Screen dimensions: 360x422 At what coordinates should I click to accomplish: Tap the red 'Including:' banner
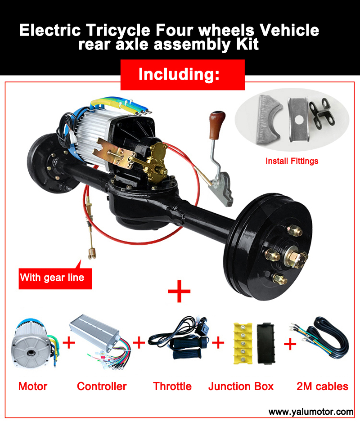pyautogui.click(x=183, y=75)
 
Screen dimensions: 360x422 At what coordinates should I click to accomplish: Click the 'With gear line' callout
pyautogui.click(x=55, y=278)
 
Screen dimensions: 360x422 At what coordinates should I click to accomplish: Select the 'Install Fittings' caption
pyautogui.click(x=292, y=161)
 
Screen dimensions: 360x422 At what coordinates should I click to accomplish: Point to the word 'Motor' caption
pyautogui.click(x=32, y=386)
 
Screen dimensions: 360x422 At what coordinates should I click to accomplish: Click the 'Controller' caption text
pyautogui.click(x=102, y=386)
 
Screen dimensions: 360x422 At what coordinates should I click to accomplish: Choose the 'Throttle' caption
pyautogui.click(x=172, y=386)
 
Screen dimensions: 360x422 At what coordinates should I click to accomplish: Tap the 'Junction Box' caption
pyautogui.click(x=241, y=386)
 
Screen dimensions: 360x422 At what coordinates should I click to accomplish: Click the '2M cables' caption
pyautogui.click(x=322, y=386)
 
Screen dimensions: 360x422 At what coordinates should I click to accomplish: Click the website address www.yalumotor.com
pyautogui.click(x=311, y=412)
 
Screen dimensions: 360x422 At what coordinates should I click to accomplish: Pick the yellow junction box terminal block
pyautogui.click(x=243, y=343)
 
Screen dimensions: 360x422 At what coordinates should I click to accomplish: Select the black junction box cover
pyautogui.click(x=266, y=343)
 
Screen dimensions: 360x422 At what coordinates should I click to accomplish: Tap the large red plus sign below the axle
pyautogui.click(x=179, y=291)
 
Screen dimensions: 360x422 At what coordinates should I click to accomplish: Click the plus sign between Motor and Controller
pyautogui.click(x=69, y=343)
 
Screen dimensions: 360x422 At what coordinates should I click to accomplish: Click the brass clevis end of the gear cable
pyautogui.click(x=92, y=253)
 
